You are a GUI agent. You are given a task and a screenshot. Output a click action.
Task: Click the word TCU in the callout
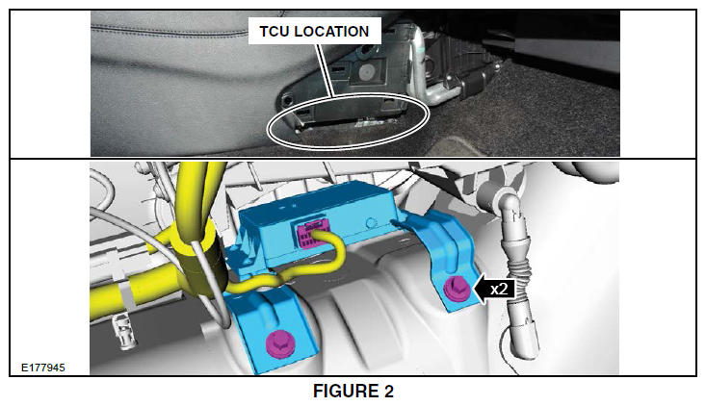coord(273,32)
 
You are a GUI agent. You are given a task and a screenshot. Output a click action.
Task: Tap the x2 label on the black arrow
coord(499,289)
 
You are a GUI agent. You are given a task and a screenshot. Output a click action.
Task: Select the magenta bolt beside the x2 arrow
coord(458,289)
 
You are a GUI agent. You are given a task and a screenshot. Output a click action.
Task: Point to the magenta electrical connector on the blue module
coord(308,235)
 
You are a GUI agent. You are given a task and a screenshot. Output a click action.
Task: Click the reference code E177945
coord(43,368)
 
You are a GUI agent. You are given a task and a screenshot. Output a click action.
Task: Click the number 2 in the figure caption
coord(388,392)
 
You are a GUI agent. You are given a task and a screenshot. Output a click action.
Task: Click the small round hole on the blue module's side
coord(371,223)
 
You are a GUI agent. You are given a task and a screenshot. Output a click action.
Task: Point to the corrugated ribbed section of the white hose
coord(518,274)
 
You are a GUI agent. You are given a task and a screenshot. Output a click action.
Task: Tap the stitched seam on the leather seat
coord(170,33)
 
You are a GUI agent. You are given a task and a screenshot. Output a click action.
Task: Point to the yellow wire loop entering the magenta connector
coord(333,252)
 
